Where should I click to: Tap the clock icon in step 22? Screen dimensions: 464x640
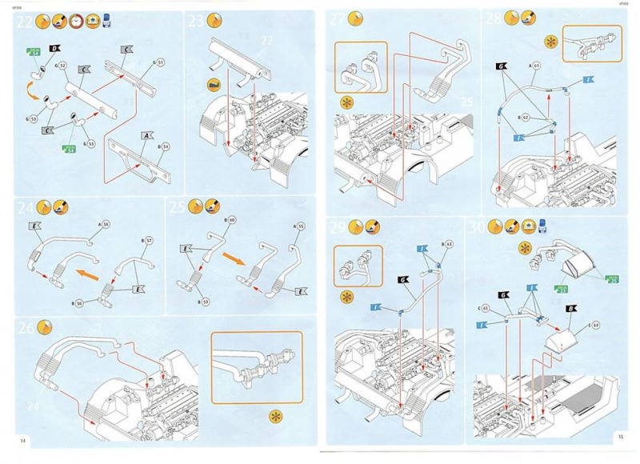[x=76, y=21]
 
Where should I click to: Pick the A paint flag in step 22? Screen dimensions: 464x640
[x=146, y=138]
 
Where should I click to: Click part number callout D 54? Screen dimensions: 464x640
[x=164, y=146]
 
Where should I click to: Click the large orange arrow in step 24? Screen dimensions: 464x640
[x=86, y=272]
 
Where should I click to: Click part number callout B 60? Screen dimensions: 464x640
[x=230, y=219]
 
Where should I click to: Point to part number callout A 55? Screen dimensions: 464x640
[x=300, y=226]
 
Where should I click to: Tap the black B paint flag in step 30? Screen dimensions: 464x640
[x=506, y=295]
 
